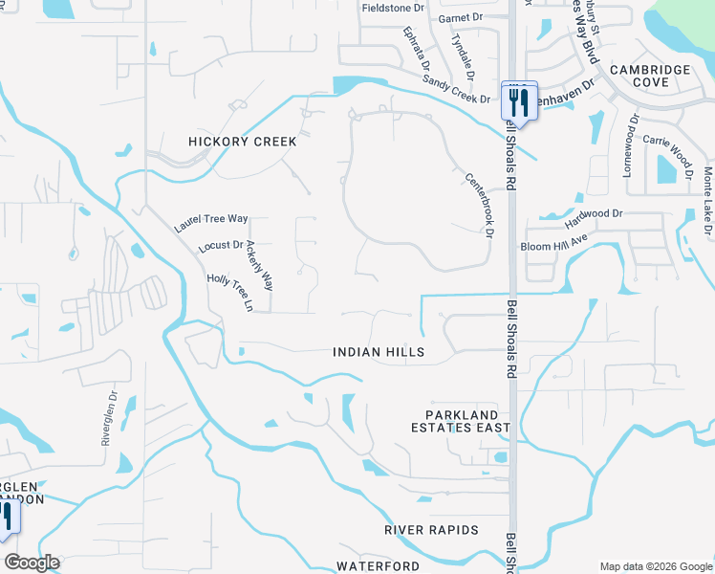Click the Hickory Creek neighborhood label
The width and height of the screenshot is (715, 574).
(x=243, y=142)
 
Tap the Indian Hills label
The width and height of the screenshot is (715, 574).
(x=379, y=353)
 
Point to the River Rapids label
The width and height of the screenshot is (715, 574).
(x=430, y=530)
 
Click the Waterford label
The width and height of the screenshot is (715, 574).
(x=378, y=566)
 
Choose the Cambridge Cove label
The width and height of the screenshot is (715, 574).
(x=651, y=76)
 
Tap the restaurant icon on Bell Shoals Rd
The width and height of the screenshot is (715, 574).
(x=519, y=99)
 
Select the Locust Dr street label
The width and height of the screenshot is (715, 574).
(x=221, y=246)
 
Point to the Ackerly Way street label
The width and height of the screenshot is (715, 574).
(x=259, y=266)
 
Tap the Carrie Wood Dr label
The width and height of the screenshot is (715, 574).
(x=667, y=145)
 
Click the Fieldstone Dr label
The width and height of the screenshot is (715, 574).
(x=393, y=8)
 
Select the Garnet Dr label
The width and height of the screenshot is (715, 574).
(x=461, y=18)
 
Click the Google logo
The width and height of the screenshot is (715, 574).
(x=32, y=563)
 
